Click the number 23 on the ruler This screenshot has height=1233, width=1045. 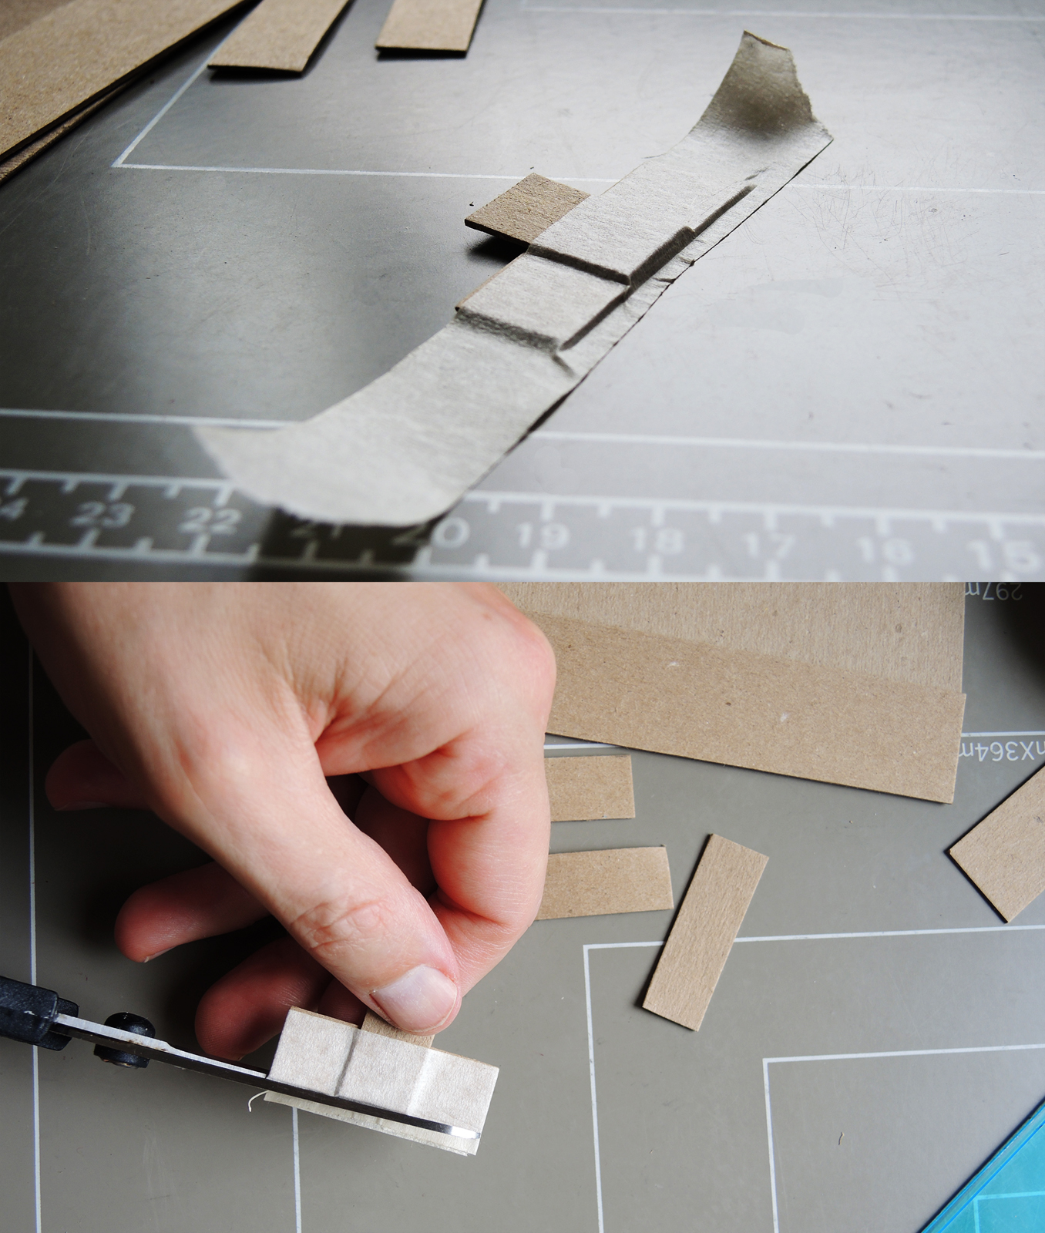click(102, 514)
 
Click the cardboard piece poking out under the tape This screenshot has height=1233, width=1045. click(516, 204)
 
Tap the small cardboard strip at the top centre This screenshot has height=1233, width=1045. click(428, 25)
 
